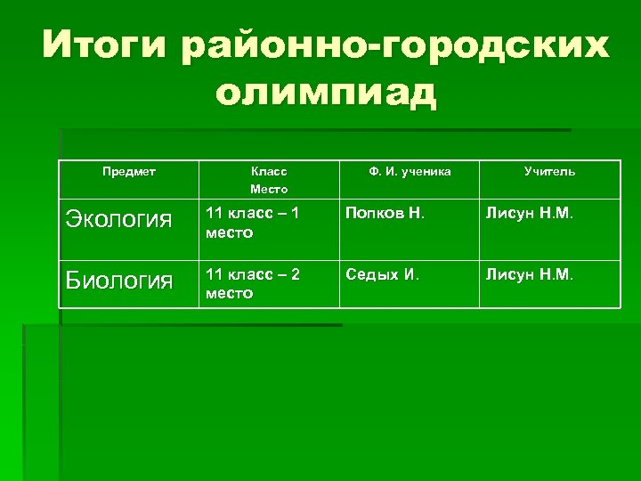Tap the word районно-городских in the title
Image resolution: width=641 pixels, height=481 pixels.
(x=395, y=45)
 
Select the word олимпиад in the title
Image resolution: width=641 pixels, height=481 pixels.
(x=327, y=93)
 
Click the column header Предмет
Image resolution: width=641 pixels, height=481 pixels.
(x=129, y=170)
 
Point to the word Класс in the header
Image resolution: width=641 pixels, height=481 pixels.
(x=269, y=170)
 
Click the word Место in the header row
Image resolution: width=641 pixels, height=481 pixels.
(x=269, y=189)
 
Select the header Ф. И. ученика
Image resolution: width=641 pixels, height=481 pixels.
(x=410, y=170)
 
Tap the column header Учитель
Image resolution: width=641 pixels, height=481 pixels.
(x=549, y=170)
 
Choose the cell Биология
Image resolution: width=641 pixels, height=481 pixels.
(x=119, y=282)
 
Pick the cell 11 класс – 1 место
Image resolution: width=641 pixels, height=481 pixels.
(x=253, y=223)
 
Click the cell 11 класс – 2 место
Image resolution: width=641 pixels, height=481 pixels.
(x=253, y=283)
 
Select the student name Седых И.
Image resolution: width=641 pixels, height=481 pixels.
(x=382, y=275)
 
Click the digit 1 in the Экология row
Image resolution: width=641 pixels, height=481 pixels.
(x=296, y=215)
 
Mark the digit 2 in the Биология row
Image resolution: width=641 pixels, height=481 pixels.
(x=296, y=275)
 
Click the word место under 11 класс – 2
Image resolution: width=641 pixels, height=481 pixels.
(x=229, y=293)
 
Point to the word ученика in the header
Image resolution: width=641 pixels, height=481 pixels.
(x=426, y=170)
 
